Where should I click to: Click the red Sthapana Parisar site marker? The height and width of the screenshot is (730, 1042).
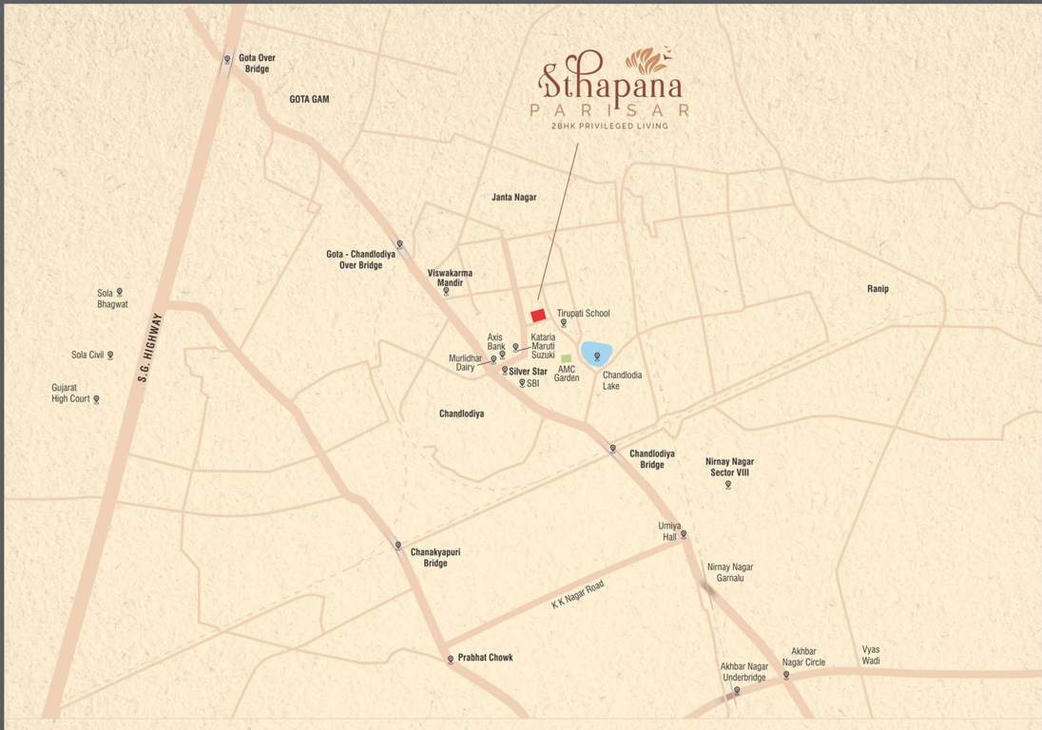tap(538, 315)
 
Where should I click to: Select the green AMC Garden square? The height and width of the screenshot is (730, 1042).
tap(567, 358)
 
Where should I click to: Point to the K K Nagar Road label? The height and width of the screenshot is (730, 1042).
tap(578, 595)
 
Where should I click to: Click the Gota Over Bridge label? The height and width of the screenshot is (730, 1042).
tap(257, 64)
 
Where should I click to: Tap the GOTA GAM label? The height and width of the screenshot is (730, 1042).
tap(309, 99)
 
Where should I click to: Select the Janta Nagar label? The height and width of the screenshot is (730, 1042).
tap(513, 198)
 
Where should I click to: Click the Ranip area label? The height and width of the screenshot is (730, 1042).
tap(878, 289)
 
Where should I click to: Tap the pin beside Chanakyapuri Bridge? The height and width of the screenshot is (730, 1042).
tap(398, 546)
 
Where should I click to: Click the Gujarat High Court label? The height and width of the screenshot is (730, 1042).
tap(71, 394)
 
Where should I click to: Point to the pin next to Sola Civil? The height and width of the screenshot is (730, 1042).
tap(110, 355)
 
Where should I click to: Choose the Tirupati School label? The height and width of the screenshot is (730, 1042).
tap(583, 313)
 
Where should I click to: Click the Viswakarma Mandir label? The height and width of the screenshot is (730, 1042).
tap(450, 278)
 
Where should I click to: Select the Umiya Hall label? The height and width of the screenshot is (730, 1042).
tap(669, 531)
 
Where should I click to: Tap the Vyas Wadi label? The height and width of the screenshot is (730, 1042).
tap(871, 656)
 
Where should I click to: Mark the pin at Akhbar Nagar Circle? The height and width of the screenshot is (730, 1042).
tap(786, 675)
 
